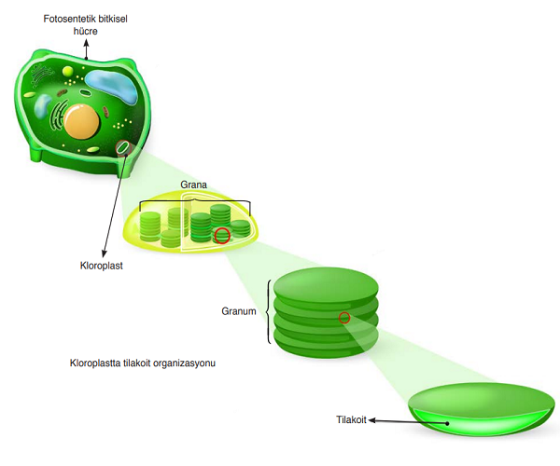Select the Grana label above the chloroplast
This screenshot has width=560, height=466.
pos(193,185)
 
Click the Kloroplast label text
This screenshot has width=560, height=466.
pos(103,266)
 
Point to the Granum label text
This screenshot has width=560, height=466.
pos(239,311)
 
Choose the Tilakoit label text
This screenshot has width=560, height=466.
pos(351,420)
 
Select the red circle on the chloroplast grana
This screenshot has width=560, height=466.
pos(222,235)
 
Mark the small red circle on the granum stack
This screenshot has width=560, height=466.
pos(344,318)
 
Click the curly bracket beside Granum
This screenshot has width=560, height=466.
pos(270,311)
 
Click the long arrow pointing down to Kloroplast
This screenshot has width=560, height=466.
pos(112,205)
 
